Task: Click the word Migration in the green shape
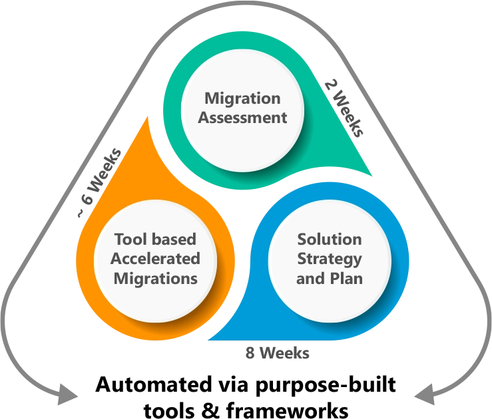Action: pyautogui.click(x=242, y=99)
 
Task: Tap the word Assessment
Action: pyautogui.click(x=242, y=118)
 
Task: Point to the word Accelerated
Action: pyautogui.click(x=155, y=259)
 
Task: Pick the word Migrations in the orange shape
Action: pyautogui.click(x=155, y=278)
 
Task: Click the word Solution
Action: pyautogui.click(x=330, y=239)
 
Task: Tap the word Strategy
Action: pyautogui.click(x=330, y=259)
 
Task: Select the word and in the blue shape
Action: pyautogui.click(x=310, y=278)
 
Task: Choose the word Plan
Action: pyautogui.click(x=346, y=278)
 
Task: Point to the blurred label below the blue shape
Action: pyautogui.click(x=278, y=354)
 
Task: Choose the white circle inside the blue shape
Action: pyautogui.click(x=330, y=259)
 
